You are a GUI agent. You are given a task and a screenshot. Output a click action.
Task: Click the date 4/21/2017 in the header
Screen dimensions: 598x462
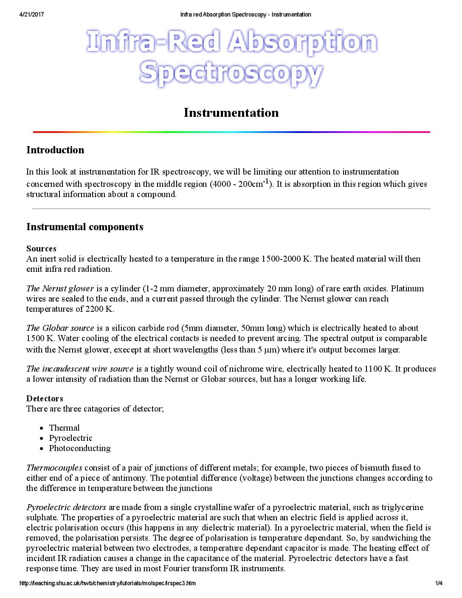[x=31, y=14]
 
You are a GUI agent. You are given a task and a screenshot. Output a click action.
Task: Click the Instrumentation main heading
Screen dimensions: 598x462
[x=231, y=113]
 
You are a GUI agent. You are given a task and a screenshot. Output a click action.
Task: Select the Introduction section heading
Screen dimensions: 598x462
[x=55, y=150]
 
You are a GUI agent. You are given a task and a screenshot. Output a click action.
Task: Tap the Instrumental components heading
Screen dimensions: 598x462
[x=85, y=227]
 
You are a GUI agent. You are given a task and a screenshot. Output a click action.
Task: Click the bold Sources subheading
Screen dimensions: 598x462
[x=41, y=248]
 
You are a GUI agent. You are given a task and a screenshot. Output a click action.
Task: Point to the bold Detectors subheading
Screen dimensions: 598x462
[x=45, y=398]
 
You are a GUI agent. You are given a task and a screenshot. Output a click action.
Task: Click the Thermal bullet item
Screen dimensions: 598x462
[x=64, y=428]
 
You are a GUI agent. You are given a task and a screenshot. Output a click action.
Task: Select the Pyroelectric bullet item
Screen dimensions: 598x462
[x=70, y=438]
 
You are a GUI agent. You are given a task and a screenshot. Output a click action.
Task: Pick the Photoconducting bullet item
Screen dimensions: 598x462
[x=80, y=448]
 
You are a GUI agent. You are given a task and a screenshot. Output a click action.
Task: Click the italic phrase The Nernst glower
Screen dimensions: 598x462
[x=60, y=288]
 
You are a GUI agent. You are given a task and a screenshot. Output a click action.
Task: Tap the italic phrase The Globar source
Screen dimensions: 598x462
[x=60, y=328]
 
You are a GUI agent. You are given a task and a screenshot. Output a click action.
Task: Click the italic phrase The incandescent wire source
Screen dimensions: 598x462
[x=80, y=369]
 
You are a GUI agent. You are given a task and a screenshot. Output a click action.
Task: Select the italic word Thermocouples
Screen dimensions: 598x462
[x=54, y=468]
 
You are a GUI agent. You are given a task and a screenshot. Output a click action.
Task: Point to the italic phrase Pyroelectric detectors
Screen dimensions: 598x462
[x=66, y=507]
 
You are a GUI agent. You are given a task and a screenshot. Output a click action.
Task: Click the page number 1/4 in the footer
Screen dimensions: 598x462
[x=439, y=583]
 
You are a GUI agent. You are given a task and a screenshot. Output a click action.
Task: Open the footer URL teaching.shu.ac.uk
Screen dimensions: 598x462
[x=107, y=583]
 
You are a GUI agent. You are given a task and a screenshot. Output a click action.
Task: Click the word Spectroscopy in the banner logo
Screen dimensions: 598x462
[x=231, y=73]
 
